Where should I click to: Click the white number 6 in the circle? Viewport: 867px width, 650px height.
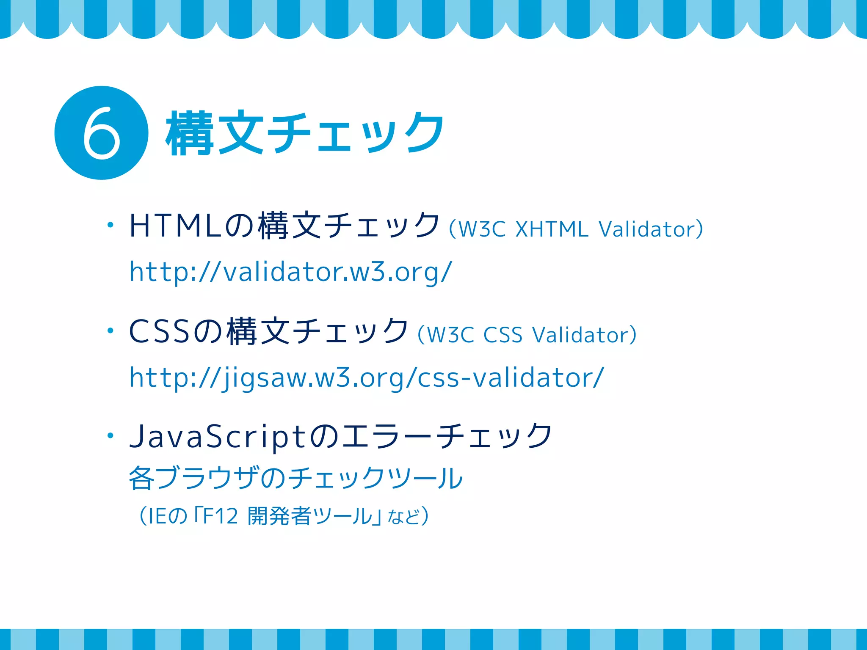pyautogui.click(x=101, y=133)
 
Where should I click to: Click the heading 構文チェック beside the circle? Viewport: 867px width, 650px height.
pyautogui.click(x=305, y=133)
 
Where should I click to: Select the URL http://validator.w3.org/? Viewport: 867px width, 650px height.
pyautogui.click(x=291, y=272)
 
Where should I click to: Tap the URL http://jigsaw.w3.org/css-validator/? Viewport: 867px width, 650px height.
pyautogui.click(x=367, y=377)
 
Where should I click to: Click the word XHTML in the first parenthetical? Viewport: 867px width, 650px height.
pyautogui.click(x=552, y=229)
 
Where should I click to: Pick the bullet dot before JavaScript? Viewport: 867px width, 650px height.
pyautogui.click(x=110, y=435)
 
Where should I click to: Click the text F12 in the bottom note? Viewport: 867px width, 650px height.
pyautogui.click(x=220, y=516)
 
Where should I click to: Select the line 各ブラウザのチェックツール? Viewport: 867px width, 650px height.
pyautogui.click(x=295, y=478)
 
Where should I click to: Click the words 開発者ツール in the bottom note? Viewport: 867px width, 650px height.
pyautogui.click(x=309, y=516)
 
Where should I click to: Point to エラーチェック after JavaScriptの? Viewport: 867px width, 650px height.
pyautogui.click(x=447, y=436)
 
